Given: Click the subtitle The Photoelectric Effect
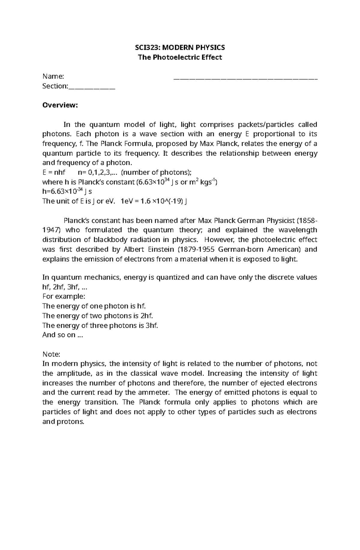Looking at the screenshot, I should (180, 57).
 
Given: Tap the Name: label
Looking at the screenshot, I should (53, 76).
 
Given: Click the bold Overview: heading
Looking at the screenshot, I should (60, 105).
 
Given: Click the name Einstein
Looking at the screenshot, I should (159, 250).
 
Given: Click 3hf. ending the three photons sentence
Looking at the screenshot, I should (151, 326).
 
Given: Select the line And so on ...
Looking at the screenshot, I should (62, 335).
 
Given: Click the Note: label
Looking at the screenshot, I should (51, 354).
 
